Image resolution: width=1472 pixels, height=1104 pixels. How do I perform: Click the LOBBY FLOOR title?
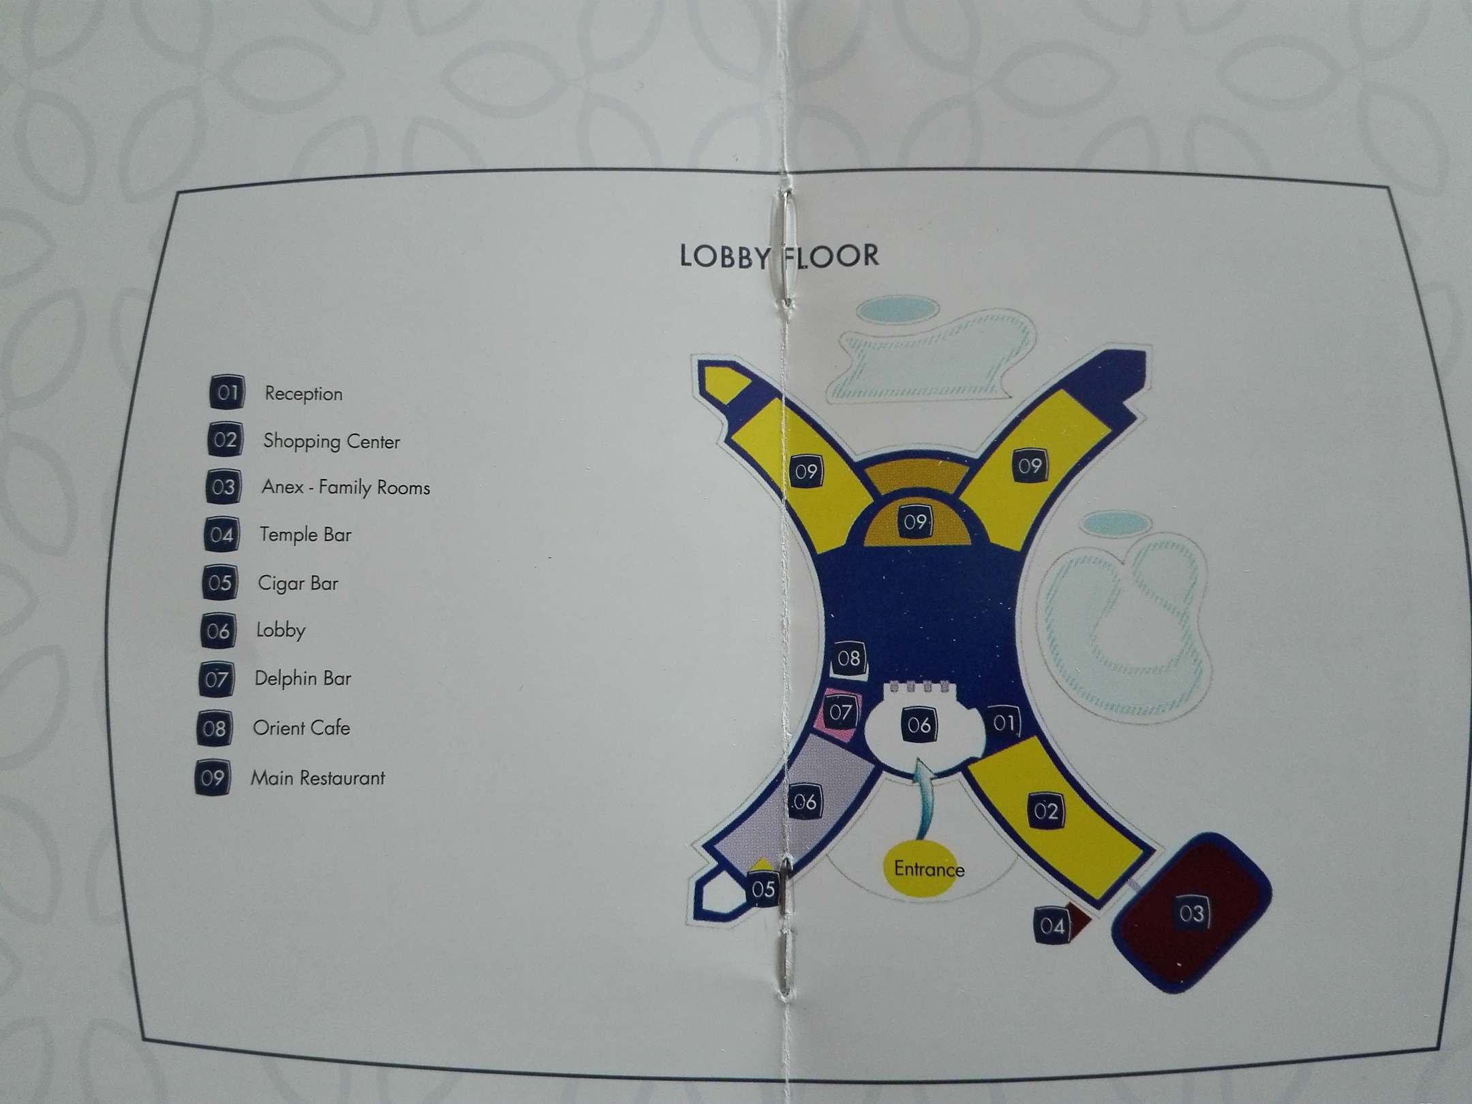point(779,256)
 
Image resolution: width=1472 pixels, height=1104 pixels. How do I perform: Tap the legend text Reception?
point(303,394)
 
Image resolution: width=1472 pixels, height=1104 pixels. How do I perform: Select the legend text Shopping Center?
point(331,442)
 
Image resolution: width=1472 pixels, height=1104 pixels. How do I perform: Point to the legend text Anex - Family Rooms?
point(346,488)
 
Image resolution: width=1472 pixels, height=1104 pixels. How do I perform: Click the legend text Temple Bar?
point(305,535)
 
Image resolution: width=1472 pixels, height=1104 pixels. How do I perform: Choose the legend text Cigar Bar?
point(298,583)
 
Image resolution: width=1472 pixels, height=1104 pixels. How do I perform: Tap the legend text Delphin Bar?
point(303,679)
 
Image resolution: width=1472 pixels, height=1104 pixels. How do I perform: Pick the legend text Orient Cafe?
point(301,728)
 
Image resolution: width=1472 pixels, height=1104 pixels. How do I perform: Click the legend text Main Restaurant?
point(318,778)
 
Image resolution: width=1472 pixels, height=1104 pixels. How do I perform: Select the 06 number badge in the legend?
point(218,630)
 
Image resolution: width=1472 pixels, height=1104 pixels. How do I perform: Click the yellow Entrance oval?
point(928,869)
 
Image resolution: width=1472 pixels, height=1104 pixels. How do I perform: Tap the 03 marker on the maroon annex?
point(1192,913)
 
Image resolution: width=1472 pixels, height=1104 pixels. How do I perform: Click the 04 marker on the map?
point(1052,925)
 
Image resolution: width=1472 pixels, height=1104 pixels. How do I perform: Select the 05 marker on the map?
point(763,889)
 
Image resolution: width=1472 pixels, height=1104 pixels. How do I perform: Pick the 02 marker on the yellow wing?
point(1045,811)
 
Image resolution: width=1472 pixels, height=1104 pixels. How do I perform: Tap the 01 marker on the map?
point(1003,722)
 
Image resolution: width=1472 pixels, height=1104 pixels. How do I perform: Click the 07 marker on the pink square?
point(840,713)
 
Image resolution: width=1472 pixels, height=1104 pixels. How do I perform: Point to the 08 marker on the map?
point(848,658)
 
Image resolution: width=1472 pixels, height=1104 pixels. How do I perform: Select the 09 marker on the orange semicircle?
point(915,522)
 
